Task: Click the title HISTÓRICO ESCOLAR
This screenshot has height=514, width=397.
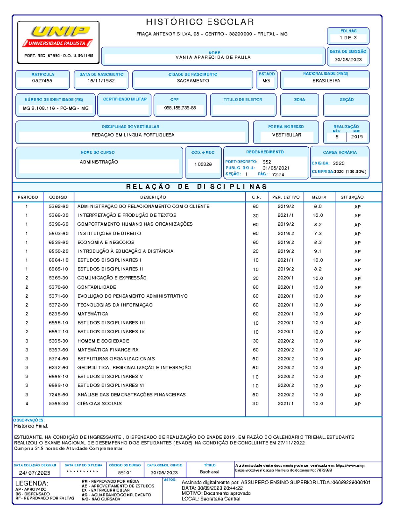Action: tap(200, 22)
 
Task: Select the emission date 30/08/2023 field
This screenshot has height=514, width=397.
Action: tap(348, 60)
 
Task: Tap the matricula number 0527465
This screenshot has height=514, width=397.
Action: tap(42, 81)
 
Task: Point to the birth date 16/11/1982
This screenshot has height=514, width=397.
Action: tap(101, 81)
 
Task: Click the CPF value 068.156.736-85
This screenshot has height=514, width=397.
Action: tap(180, 108)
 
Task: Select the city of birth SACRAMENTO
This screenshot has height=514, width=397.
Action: tap(193, 81)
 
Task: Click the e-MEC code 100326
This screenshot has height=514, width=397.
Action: tap(203, 164)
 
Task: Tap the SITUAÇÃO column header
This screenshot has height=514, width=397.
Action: tap(352, 197)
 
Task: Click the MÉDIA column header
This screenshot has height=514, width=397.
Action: tap(319, 197)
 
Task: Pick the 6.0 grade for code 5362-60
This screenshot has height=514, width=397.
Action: tap(318, 207)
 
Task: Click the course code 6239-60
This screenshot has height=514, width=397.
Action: tap(59, 243)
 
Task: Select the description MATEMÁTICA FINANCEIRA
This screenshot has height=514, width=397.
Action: tap(108, 350)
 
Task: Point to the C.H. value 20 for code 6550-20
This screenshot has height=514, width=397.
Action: tap(256, 252)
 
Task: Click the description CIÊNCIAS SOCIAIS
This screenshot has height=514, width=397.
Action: tap(100, 404)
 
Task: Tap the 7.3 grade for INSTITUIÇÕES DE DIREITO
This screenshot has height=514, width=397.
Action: tap(318, 234)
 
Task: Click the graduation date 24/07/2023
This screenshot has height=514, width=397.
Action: tap(34, 473)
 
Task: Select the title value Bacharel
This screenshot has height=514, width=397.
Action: tap(209, 472)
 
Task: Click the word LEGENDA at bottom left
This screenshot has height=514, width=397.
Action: tap(31, 483)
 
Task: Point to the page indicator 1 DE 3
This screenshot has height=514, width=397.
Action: tap(348, 38)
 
